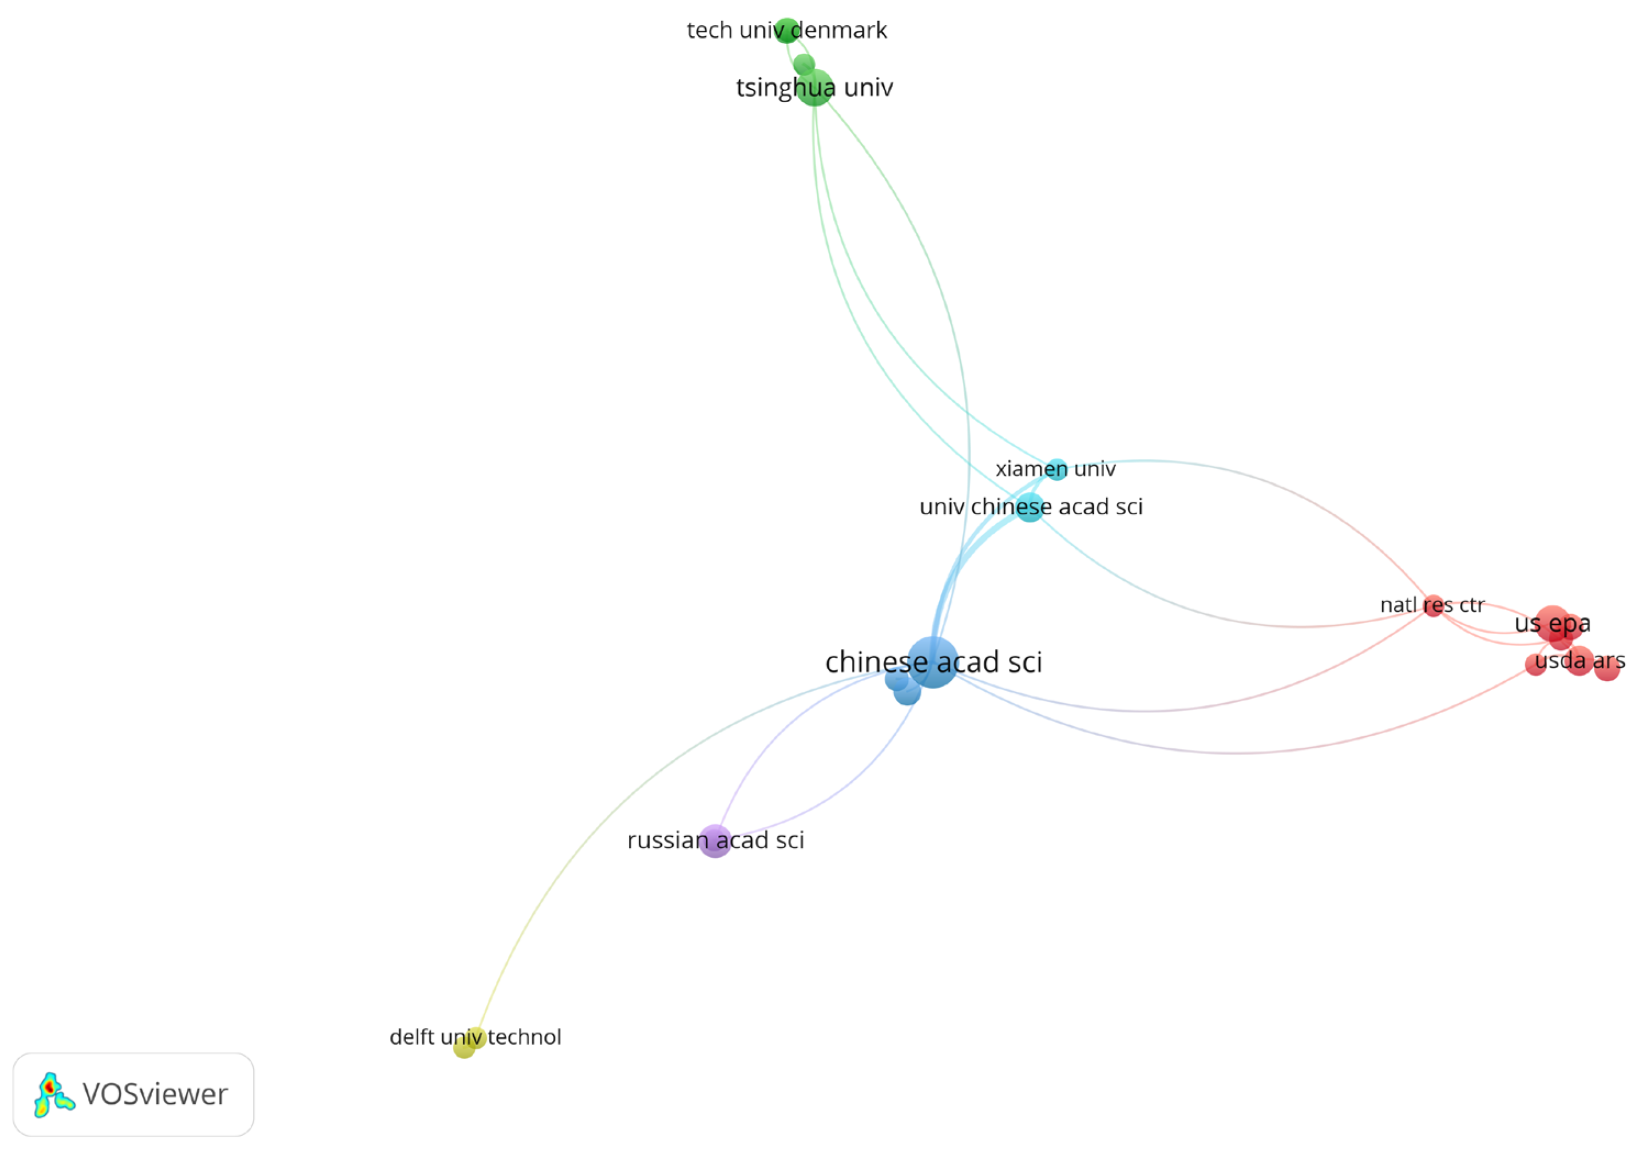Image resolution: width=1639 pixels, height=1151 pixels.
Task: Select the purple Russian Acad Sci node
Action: tap(715, 841)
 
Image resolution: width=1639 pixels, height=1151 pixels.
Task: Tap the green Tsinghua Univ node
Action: tap(815, 88)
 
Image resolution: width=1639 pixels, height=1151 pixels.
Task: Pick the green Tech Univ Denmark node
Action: tap(787, 30)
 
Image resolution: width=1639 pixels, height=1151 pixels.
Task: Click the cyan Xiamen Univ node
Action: tap(1056, 469)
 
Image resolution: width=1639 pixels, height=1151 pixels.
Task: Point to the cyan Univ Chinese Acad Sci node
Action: tap(1029, 507)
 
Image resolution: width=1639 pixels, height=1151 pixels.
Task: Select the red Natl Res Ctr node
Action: tap(1433, 606)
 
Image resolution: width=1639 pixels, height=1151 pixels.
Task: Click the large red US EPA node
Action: tap(1552, 623)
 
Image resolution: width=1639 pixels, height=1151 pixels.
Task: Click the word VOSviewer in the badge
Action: tap(155, 1094)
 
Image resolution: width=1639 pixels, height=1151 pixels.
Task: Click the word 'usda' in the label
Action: tap(1560, 661)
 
